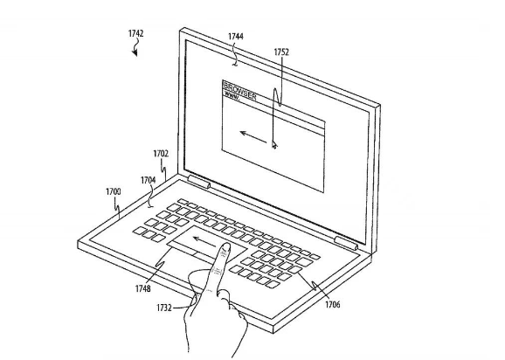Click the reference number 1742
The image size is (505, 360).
[136, 33]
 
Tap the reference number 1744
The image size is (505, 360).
[236, 37]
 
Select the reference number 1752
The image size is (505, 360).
[281, 52]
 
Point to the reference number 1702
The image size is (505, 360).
[161, 154]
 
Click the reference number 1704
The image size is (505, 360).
[149, 180]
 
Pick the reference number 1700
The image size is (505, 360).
[114, 192]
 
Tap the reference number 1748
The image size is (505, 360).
[143, 288]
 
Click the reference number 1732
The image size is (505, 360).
[164, 308]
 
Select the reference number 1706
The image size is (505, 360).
[333, 304]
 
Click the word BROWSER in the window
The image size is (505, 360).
[239, 91]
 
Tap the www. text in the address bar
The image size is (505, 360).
[232, 95]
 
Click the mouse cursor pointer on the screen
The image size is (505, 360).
[274, 144]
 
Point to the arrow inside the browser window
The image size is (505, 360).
[253, 136]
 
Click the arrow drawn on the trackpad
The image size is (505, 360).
[204, 241]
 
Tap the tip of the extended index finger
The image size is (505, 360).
[226, 246]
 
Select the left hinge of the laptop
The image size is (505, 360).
[199, 182]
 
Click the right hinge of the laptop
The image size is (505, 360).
[346, 243]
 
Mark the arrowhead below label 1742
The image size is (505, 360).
[135, 52]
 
